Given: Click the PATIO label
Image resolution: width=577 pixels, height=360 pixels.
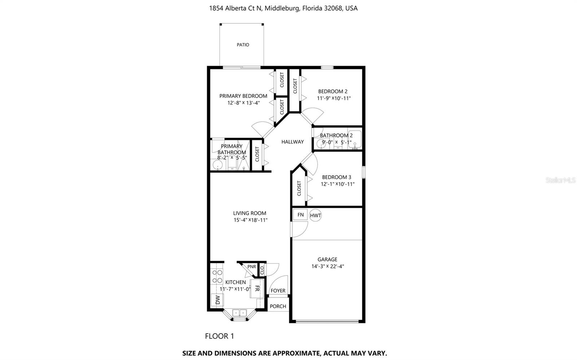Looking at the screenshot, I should (x=243, y=45).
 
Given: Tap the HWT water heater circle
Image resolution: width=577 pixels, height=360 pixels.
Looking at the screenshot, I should (x=315, y=215).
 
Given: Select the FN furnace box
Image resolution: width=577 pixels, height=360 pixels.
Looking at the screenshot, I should (x=300, y=215).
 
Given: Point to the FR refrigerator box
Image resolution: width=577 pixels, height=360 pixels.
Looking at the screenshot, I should (x=257, y=288).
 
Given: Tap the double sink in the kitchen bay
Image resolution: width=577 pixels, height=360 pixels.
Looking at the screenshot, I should (x=239, y=313).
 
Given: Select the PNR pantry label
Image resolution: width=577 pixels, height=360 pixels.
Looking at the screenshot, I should (x=251, y=267).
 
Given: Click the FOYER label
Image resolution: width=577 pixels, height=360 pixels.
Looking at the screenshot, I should (x=278, y=291).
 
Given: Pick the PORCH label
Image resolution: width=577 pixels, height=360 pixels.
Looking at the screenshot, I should (x=278, y=306).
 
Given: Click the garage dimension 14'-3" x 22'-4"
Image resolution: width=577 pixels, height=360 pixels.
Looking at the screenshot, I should (x=327, y=266).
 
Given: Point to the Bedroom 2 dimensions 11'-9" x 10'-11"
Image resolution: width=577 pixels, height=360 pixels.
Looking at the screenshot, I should (x=334, y=98).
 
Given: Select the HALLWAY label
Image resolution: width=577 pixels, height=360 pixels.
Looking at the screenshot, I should (x=292, y=142).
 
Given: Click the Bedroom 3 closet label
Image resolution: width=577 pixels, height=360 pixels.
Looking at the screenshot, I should (x=299, y=188).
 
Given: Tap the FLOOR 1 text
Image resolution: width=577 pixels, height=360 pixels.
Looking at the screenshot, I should (x=219, y=336).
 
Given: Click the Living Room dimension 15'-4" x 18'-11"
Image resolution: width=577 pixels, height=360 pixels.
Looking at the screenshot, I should (x=250, y=220).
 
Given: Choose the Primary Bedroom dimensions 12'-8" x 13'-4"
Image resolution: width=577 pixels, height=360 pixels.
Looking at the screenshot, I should (x=243, y=103).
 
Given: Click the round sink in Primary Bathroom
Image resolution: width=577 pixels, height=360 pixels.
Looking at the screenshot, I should (x=217, y=165).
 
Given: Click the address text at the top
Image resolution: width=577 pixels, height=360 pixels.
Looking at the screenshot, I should (x=283, y=8).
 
